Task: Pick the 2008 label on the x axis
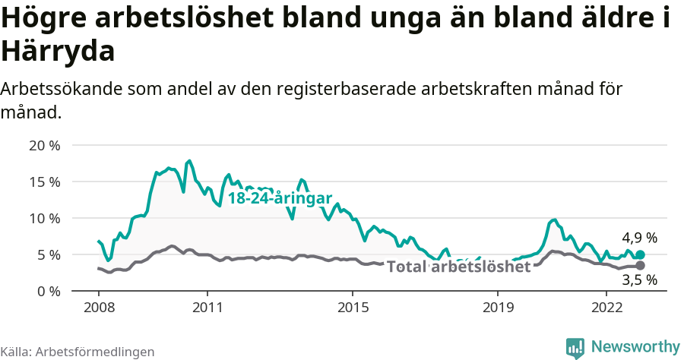[99, 308]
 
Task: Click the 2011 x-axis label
[207, 308]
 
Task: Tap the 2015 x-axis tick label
[352, 308]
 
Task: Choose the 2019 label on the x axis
[497, 308]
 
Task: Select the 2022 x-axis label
[606, 308]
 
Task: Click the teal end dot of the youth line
[640, 255]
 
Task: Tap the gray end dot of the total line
[640, 265]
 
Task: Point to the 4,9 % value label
[639, 238]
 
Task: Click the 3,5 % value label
[639, 279]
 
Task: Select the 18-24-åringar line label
[280, 199]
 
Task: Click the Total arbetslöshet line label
[458, 267]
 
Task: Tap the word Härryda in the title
[59, 52]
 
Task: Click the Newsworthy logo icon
[576, 347]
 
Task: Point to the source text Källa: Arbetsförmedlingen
[78, 352]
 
